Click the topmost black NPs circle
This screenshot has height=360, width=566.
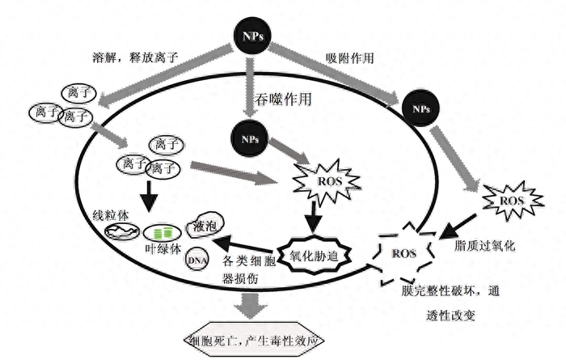252,36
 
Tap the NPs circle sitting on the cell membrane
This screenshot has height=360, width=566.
421,108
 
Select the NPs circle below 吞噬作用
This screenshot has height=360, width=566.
250,139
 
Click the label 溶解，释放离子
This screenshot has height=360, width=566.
135,57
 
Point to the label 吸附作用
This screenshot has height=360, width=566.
350,58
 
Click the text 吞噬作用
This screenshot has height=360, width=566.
283,99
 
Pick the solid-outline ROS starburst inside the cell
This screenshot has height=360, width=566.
327,180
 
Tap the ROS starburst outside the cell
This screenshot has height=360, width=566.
513,201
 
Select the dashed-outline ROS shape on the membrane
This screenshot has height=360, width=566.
404,254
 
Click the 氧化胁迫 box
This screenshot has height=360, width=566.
314,256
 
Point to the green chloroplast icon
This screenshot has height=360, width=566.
162,233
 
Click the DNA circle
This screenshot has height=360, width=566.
197,260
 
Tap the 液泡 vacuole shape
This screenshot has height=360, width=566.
205,226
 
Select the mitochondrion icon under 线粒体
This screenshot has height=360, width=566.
122,231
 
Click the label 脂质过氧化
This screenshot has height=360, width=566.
485,246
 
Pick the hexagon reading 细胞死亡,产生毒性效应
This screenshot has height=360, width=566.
254,340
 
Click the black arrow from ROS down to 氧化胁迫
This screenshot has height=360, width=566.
314,216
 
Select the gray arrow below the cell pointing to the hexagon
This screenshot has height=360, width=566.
251,305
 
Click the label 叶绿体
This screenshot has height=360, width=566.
163,249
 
